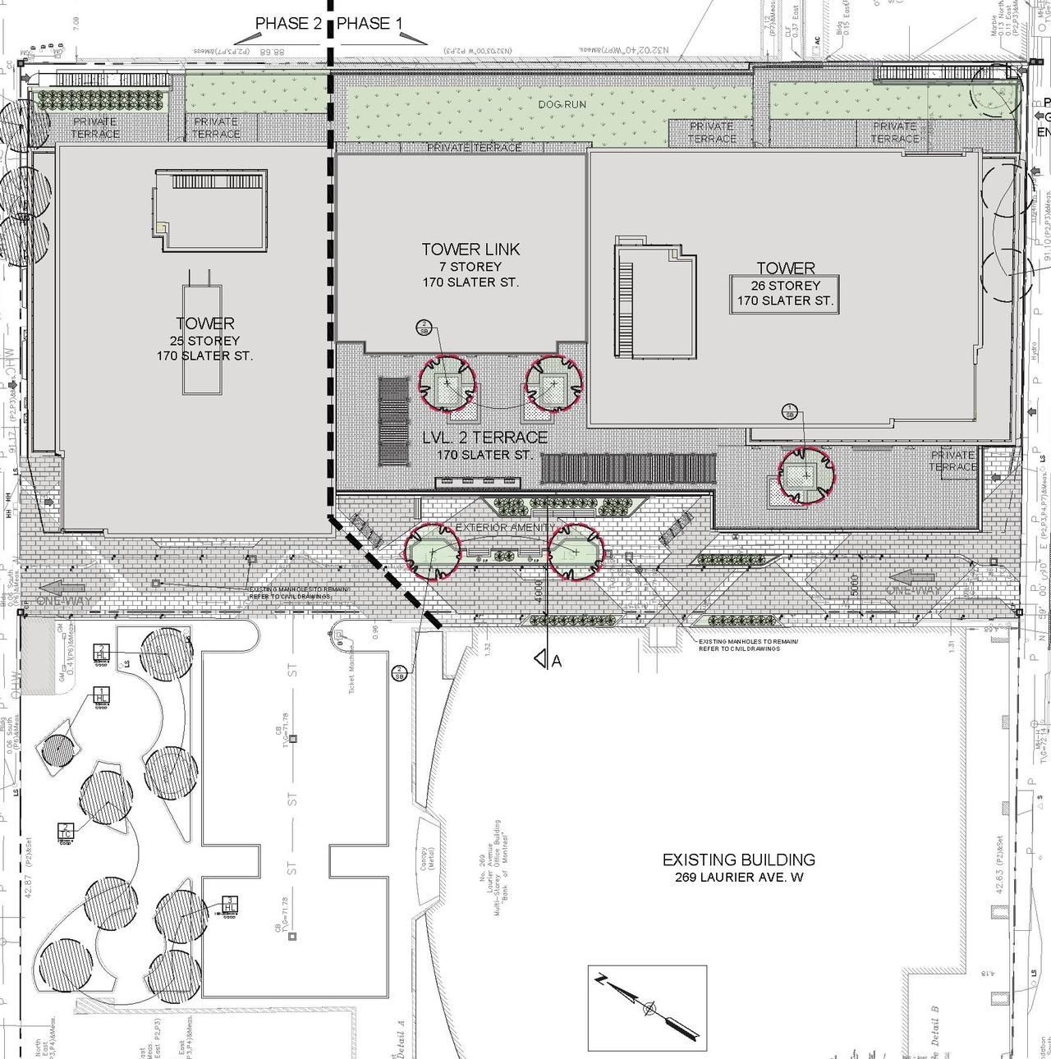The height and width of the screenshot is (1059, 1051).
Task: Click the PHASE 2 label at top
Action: pos(288,24)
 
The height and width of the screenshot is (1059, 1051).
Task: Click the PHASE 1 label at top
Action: pos(369,24)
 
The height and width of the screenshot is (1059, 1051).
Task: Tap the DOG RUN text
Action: pos(562,104)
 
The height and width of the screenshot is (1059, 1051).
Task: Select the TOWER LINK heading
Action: pos(470,250)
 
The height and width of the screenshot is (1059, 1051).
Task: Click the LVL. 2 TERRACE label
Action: pos(484,438)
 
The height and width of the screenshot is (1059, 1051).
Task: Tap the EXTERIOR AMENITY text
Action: pos(504,527)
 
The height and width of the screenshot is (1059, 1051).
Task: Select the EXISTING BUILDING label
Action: pos(738,860)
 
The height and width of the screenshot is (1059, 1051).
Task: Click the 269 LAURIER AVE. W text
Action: pos(738,878)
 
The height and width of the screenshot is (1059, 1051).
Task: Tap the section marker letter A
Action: pos(557,660)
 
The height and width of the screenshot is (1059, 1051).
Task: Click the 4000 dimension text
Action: pos(537,592)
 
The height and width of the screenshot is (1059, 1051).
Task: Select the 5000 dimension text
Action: pos(855,585)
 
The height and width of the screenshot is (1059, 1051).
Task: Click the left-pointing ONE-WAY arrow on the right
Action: pos(911,576)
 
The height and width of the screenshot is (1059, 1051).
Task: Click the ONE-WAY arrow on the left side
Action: pos(62,588)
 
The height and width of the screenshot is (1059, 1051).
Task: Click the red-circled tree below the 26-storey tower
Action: pos(806,474)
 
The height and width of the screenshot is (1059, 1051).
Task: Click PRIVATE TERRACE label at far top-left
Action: pos(94,127)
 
